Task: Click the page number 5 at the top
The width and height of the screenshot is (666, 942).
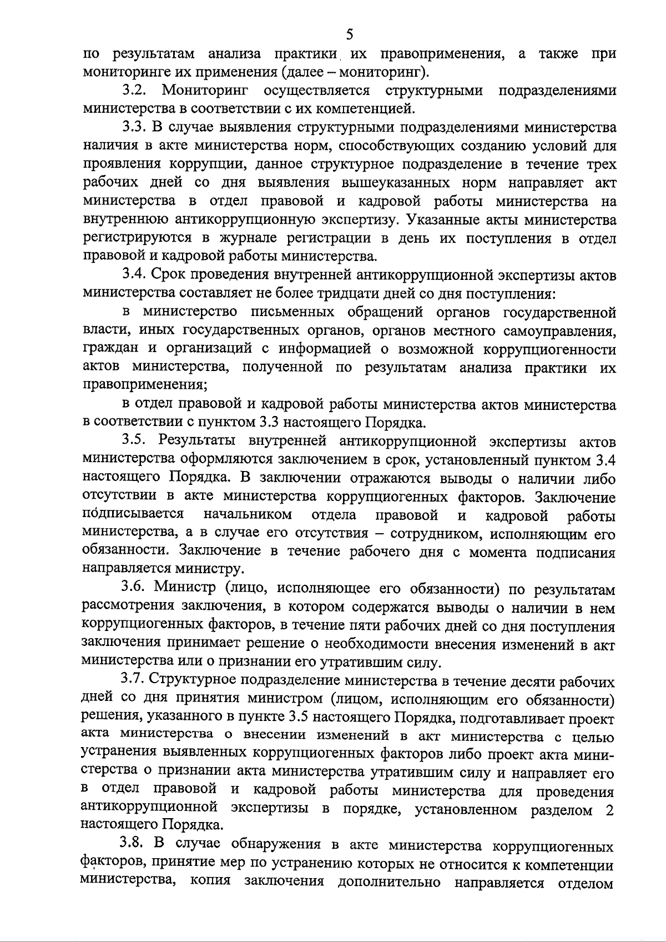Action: [x=349, y=35]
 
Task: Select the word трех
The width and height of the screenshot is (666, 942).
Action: [x=602, y=164]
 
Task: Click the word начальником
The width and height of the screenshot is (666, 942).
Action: [x=248, y=515]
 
